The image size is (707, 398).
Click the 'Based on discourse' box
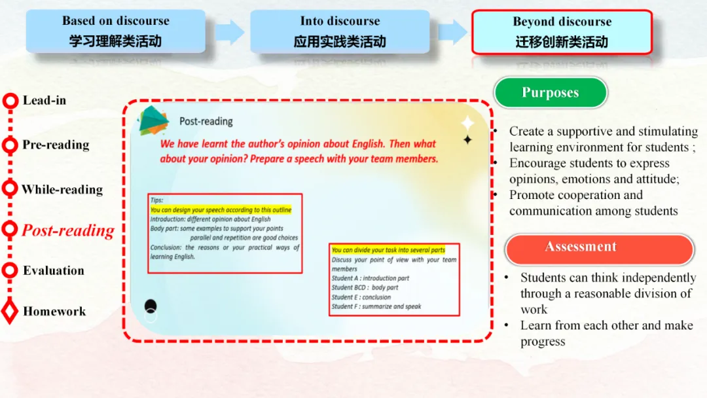115,31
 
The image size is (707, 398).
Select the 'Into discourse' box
340,31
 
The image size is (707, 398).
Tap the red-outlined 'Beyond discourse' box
562,31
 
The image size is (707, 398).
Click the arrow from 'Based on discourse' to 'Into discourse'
229,32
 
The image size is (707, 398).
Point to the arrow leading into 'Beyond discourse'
452,32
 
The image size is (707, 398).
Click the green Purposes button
550,93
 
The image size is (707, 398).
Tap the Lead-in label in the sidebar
45,100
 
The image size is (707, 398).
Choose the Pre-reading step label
56,145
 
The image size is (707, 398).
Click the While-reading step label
62,190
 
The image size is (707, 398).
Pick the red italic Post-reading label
68,230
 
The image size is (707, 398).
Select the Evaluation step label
54,270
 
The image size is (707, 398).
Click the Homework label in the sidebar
54,312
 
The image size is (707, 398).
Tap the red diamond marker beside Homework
10,312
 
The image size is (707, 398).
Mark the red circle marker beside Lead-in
10,101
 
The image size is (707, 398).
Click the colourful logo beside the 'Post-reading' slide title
153,120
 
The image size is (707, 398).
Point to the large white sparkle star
467,123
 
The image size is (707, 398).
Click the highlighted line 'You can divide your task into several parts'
388,250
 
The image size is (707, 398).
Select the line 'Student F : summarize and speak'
376,306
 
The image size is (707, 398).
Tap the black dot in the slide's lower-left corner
151,305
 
